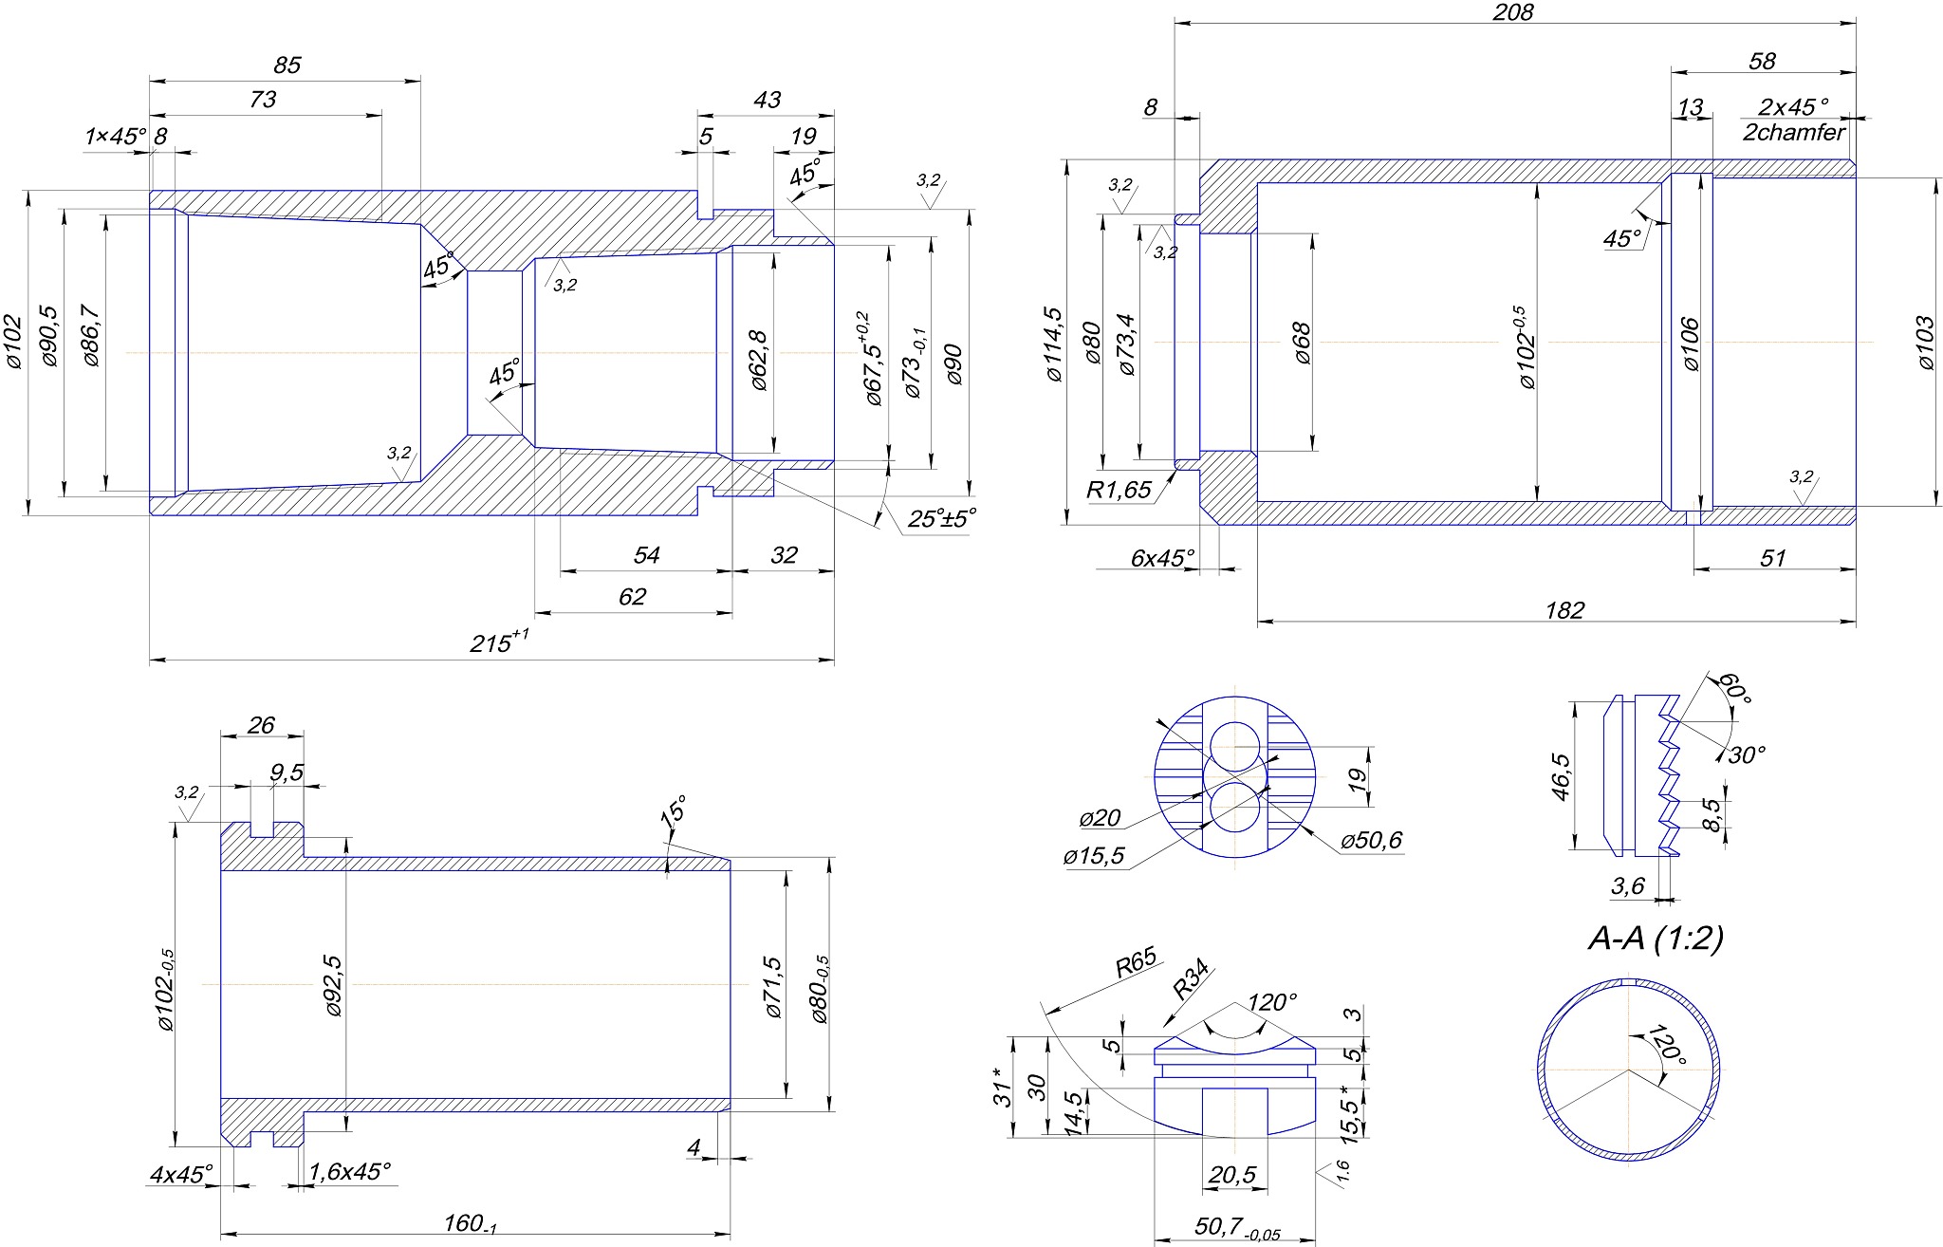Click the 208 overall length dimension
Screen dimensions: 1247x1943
[x=1512, y=11]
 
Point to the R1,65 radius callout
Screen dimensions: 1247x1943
[x=1119, y=490]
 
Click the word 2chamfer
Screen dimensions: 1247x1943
[x=1793, y=132]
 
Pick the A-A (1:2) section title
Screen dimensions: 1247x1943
[x=1656, y=938]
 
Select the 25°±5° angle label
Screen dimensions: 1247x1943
[x=941, y=519]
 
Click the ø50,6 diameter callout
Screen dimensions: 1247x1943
[x=1371, y=840]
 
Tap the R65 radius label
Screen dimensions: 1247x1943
[x=1136, y=963]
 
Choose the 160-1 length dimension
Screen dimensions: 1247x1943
[x=471, y=1223]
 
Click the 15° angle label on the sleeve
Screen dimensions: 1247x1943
[x=673, y=812]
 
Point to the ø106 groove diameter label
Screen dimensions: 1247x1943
[x=1690, y=344]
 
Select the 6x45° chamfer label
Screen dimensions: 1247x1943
[x=1162, y=557]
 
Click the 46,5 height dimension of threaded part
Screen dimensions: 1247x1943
[x=1561, y=776]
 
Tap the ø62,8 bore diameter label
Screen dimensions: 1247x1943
[x=758, y=361]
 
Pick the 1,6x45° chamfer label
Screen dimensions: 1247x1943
[x=349, y=1171]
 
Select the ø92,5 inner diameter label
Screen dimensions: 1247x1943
[x=333, y=986]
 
